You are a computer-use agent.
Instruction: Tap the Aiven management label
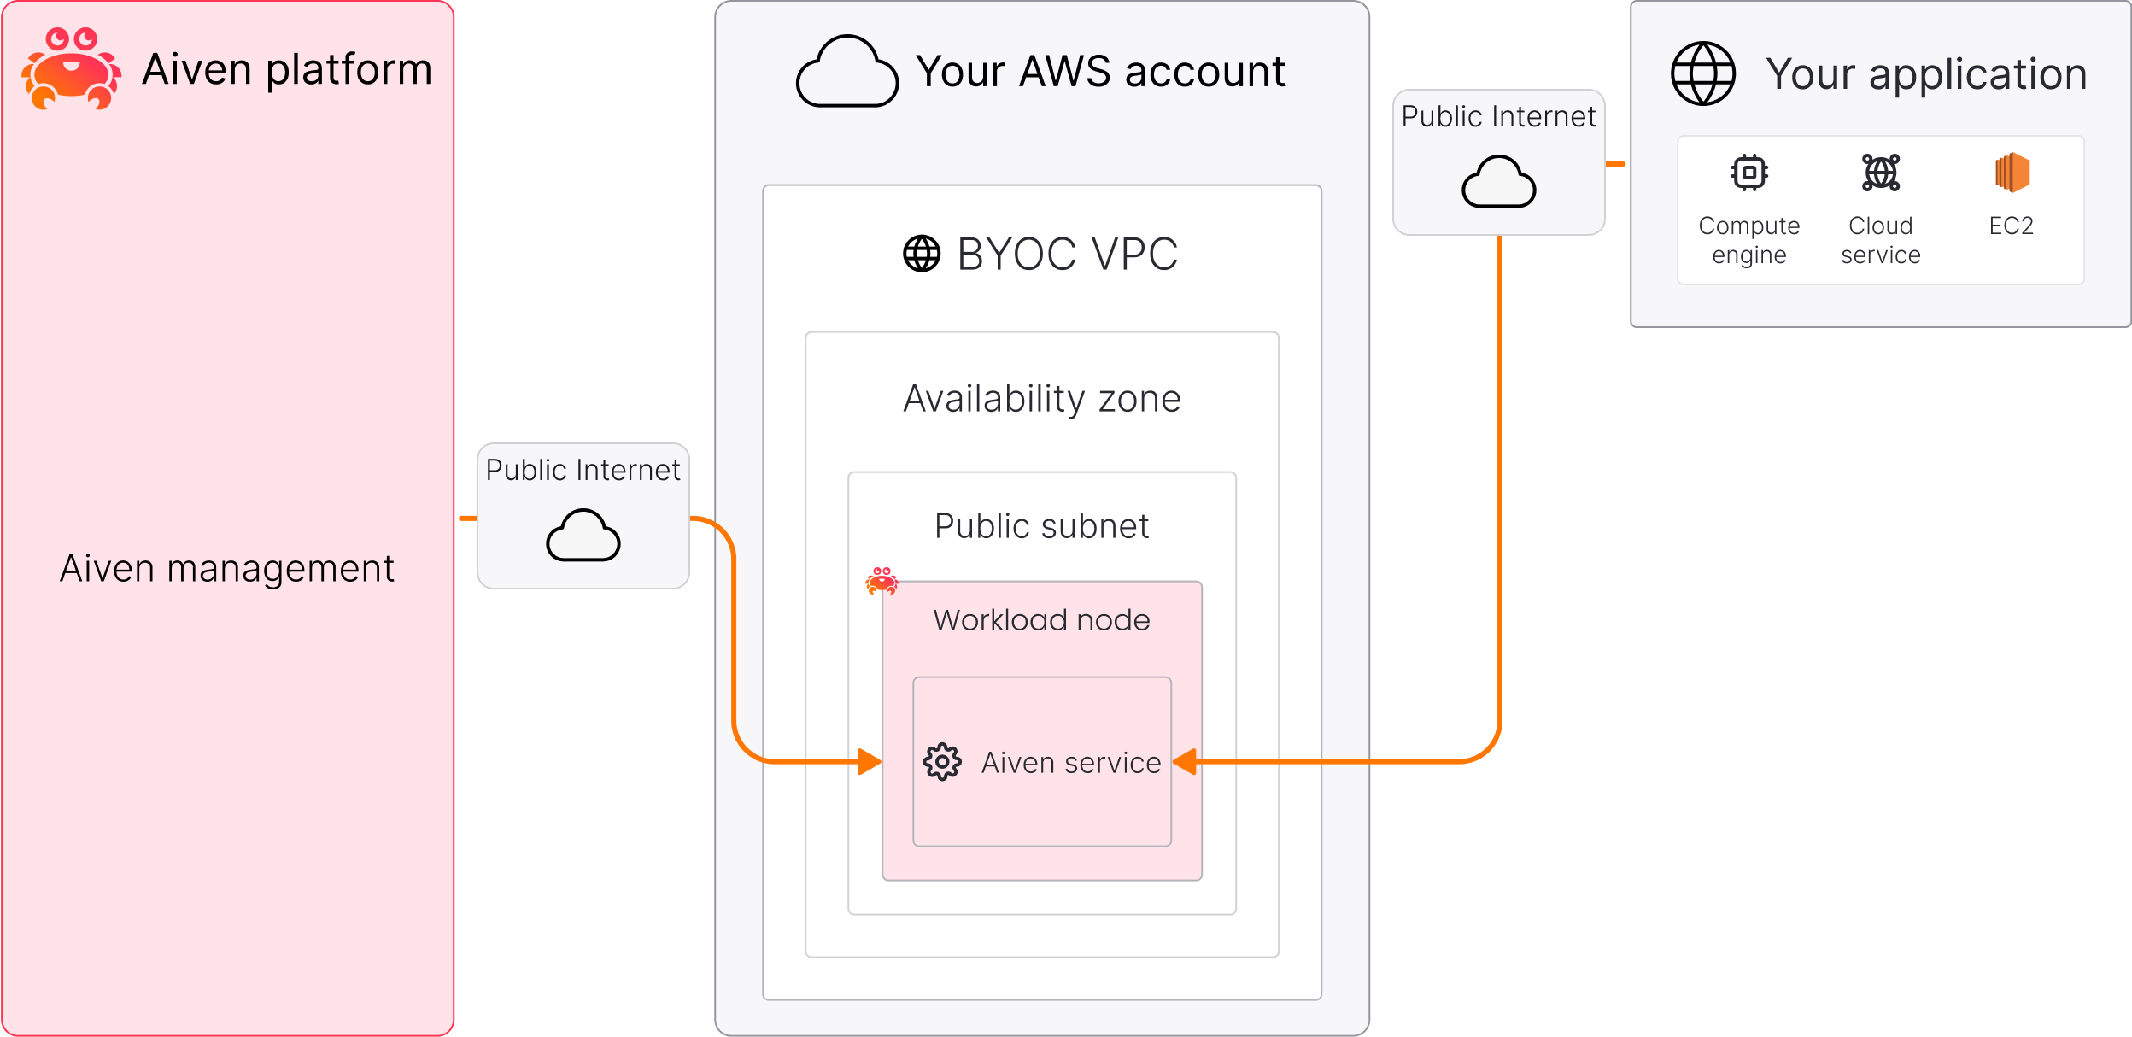click(x=227, y=569)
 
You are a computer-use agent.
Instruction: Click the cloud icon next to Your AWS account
click(x=846, y=73)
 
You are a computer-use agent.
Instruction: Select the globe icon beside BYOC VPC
click(x=922, y=254)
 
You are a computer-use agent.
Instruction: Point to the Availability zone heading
click(x=1042, y=399)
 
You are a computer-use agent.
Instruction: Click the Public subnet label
click(x=1042, y=526)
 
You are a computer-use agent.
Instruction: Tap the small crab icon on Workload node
click(x=881, y=581)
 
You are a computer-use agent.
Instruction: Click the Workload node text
click(x=1042, y=620)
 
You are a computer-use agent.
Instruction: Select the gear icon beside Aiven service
click(x=942, y=761)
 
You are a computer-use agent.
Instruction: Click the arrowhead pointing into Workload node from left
click(x=870, y=761)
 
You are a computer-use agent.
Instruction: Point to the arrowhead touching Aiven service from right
click(x=1185, y=761)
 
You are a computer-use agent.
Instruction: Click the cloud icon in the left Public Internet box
click(x=583, y=536)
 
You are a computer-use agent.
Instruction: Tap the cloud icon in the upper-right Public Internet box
click(x=1499, y=182)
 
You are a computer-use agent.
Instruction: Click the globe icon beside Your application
click(x=1703, y=73)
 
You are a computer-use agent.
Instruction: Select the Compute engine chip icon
click(x=1749, y=173)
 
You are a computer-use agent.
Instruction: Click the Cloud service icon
click(x=1881, y=173)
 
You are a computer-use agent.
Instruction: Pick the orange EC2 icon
click(x=2012, y=173)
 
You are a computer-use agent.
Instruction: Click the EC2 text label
click(x=2012, y=226)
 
